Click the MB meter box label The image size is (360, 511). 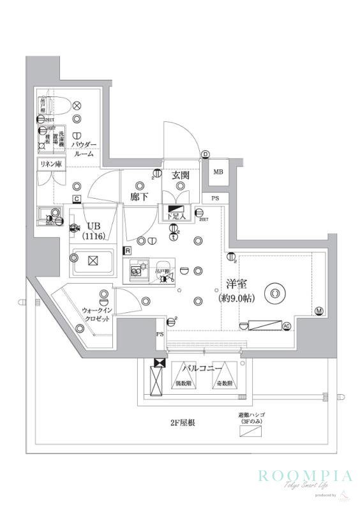[x=218, y=172]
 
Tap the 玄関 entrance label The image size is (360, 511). [x=180, y=175]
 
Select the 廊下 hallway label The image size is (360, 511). [x=140, y=197]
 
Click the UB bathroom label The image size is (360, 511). [x=94, y=226]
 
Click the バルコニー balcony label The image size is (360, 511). [x=202, y=369]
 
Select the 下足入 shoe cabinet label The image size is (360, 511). [x=177, y=217]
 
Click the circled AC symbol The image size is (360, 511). [x=287, y=326]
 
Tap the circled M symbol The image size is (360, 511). [x=319, y=311]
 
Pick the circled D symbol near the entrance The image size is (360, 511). [x=206, y=155]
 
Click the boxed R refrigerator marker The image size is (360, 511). [x=128, y=250]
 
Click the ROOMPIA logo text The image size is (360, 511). [x=304, y=475]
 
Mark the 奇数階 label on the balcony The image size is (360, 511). [x=224, y=384]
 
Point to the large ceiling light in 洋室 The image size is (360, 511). [x=275, y=293]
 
